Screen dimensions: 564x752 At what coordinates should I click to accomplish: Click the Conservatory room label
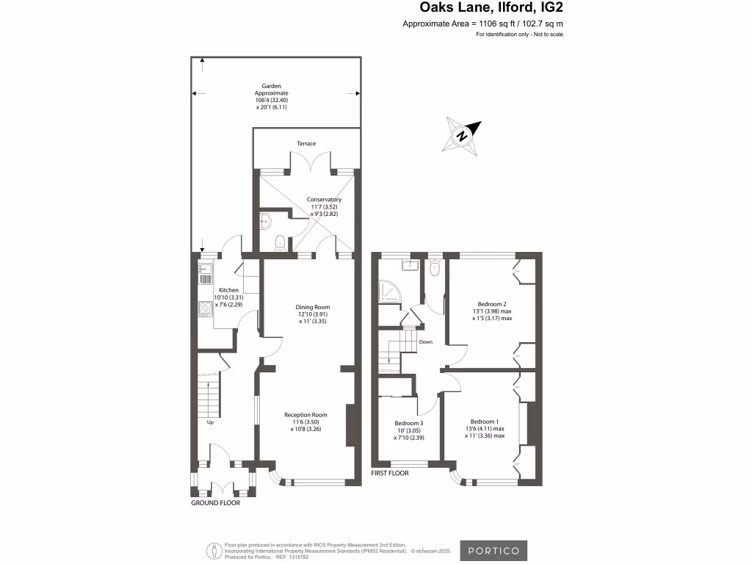coord(324,199)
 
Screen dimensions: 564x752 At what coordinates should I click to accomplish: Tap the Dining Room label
coord(313,307)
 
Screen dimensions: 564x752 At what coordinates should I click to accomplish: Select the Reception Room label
coord(306,415)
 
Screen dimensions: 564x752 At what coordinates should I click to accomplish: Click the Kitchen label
coord(228,291)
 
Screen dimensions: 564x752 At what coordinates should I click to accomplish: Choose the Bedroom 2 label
coord(492,304)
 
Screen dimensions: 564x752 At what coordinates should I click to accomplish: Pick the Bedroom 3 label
coord(409,424)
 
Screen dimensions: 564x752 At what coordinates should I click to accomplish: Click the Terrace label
coord(306,143)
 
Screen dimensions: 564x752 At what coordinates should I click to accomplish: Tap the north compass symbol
coord(461,136)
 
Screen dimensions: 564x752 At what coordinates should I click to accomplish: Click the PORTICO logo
coord(493,550)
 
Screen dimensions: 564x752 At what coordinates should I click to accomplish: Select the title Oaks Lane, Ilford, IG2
coord(491,8)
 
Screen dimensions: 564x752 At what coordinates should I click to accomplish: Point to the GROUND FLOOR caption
coord(215,503)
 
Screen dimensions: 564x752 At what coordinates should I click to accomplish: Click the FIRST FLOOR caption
coord(390,474)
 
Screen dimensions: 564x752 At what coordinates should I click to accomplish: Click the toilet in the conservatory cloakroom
coord(279,242)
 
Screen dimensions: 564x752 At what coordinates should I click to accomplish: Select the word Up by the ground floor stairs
coord(211,423)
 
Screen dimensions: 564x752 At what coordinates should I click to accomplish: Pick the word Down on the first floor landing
coord(426,341)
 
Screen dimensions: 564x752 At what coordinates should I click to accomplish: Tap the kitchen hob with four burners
coord(204,309)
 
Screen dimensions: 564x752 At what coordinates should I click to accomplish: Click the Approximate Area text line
coord(482,23)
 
